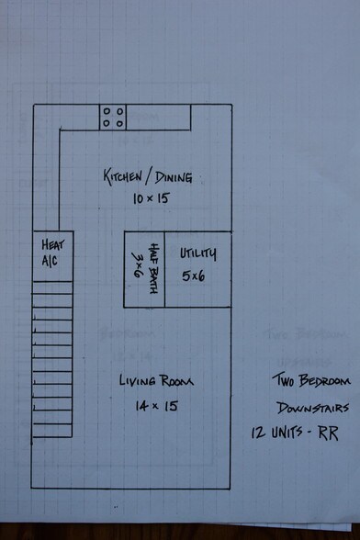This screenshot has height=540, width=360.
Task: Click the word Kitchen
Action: (123, 177)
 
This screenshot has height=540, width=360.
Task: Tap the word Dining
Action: (174, 177)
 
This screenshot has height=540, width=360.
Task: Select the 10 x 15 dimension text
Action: (152, 198)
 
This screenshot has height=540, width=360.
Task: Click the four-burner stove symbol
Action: (113, 118)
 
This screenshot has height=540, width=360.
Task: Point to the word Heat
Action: (52, 244)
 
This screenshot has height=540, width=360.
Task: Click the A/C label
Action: (50, 261)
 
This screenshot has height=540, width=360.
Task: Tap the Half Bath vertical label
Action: (154, 268)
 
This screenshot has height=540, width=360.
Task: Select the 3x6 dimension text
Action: (137, 264)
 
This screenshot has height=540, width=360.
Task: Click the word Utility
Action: (198, 253)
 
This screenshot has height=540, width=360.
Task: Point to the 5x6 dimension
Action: (193, 276)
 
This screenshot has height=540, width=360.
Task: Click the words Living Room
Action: (156, 380)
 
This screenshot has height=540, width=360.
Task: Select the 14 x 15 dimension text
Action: (157, 406)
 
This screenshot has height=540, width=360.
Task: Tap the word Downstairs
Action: (313, 408)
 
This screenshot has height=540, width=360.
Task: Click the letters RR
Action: (328, 433)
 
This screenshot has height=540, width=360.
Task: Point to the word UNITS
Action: (287, 432)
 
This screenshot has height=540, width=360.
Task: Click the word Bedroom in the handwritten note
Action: (324, 380)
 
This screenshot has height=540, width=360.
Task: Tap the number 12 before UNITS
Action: (258, 433)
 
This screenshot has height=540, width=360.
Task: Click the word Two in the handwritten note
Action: (284, 380)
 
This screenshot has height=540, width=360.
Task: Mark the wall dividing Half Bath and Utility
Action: (164, 269)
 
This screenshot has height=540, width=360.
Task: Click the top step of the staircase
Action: (52, 287)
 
